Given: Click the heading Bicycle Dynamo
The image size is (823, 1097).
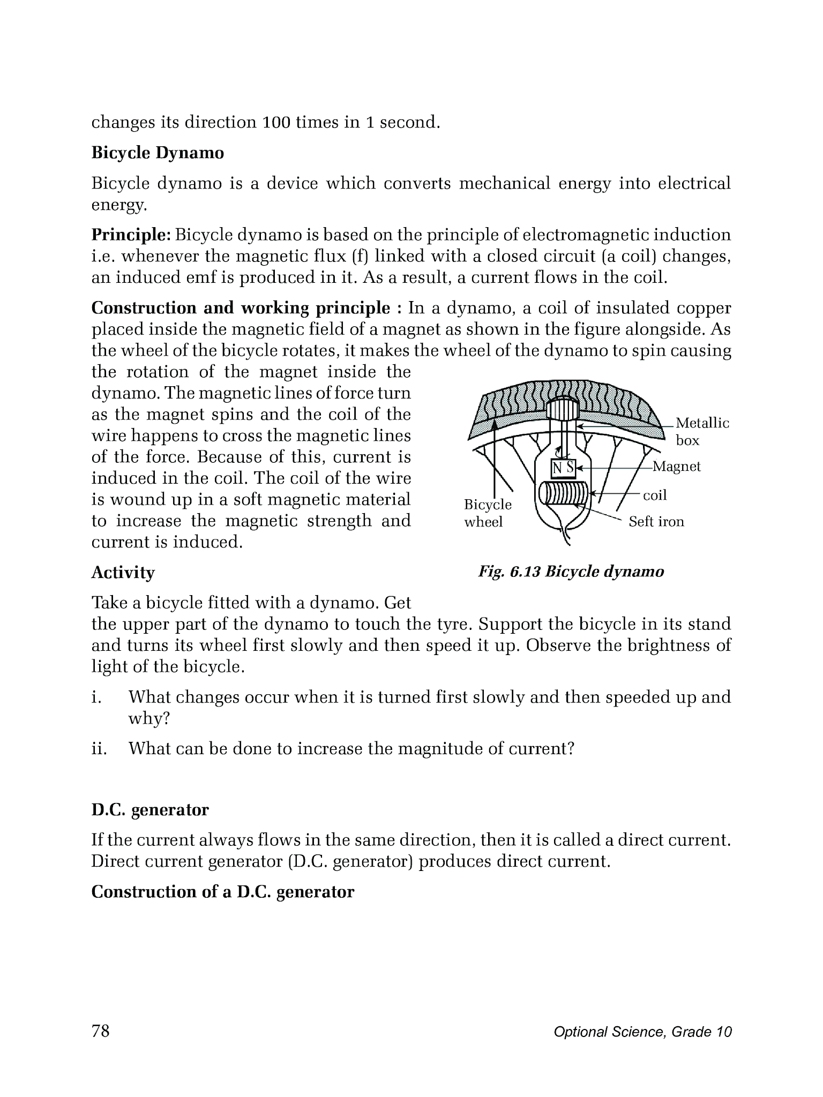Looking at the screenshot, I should pyautogui.click(x=158, y=153).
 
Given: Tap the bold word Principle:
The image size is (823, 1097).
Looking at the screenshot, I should pyautogui.click(x=131, y=235).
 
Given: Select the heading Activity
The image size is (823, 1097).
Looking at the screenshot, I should pyautogui.click(x=123, y=573).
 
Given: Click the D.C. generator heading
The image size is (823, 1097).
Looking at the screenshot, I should pyautogui.click(x=150, y=809).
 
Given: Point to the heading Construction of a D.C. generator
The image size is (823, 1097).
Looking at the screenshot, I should pyautogui.click(x=223, y=892).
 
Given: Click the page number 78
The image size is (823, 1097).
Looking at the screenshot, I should pyautogui.click(x=100, y=1031).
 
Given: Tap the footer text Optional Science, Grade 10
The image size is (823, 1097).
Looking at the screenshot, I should pyautogui.click(x=642, y=1032).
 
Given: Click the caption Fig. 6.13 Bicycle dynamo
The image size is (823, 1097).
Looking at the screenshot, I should pyautogui.click(x=571, y=572).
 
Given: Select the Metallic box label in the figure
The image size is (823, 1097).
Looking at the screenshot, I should pyautogui.click(x=702, y=432).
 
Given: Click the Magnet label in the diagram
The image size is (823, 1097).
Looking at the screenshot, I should pyautogui.click(x=676, y=467).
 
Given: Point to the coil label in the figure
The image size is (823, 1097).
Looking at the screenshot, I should pyautogui.click(x=655, y=495).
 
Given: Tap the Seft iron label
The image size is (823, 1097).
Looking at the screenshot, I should pyautogui.click(x=656, y=522).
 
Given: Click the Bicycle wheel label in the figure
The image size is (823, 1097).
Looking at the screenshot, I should pyautogui.click(x=487, y=513).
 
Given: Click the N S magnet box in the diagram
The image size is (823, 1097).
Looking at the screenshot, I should pyautogui.click(x=563, y=468).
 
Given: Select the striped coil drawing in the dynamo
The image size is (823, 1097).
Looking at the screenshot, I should pyautogui.click(x=564, y=493).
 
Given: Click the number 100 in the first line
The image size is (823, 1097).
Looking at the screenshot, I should pyautogui.click(x=277, y=123).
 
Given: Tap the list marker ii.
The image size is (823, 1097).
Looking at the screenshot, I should pyautogui.click(x=99, y=748).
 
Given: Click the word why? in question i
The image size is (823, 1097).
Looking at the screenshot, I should pyautogui.click(x=148, y=718).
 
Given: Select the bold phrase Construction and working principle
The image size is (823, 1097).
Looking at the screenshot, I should pyautogui.click(x=241, y=308).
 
